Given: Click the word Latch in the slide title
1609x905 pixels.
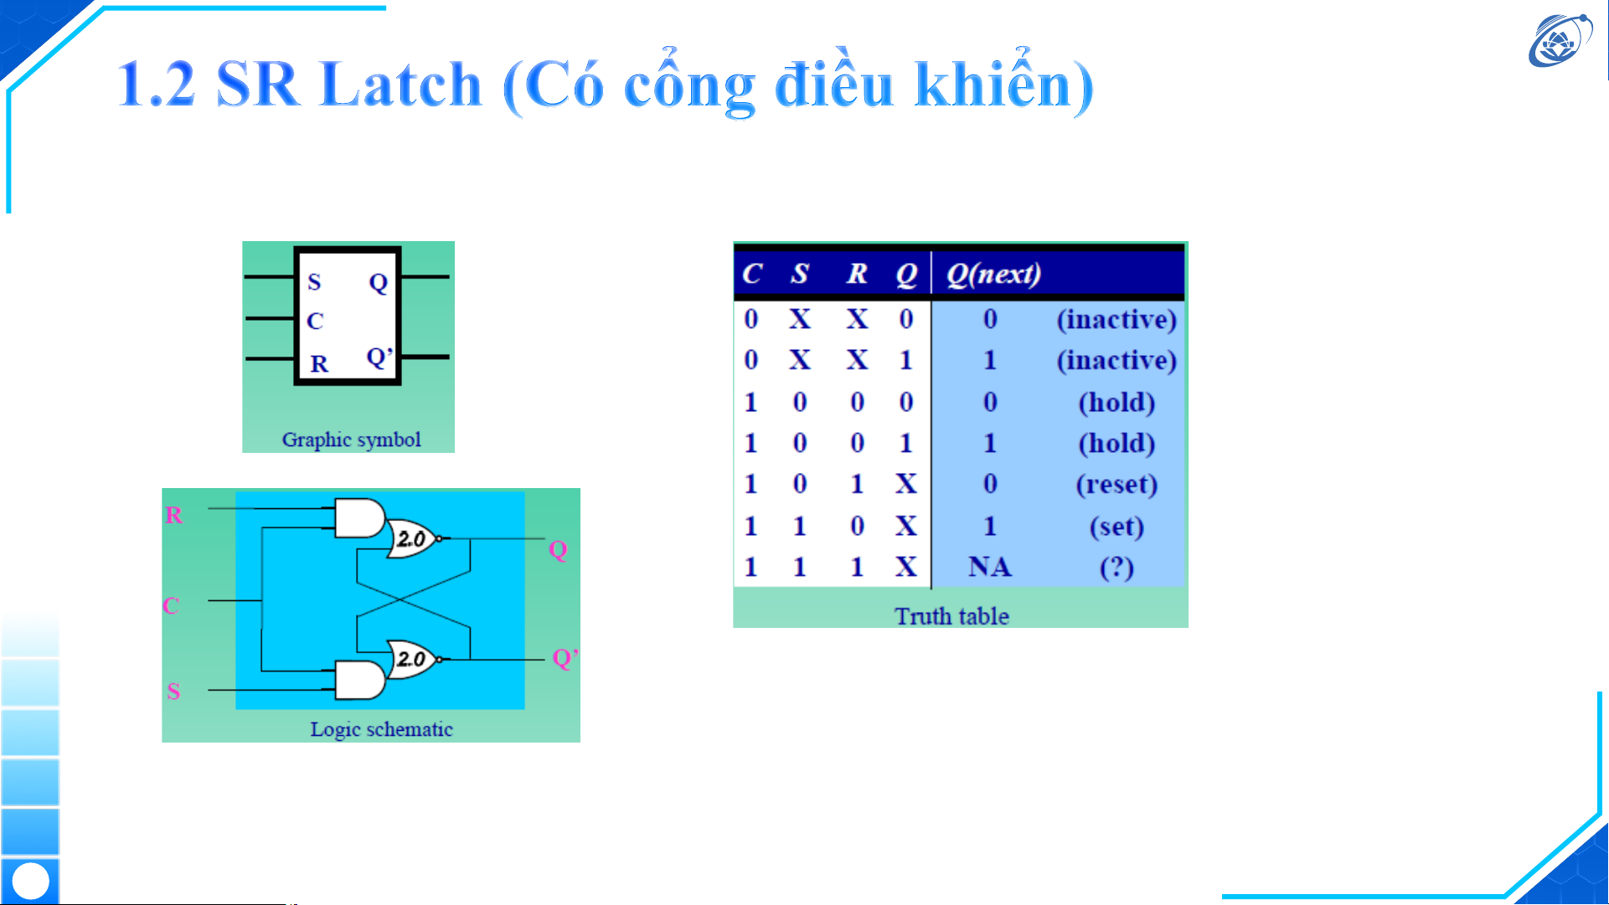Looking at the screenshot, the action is (x=400, y=84).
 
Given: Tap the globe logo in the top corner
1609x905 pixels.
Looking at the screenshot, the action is (x=1560, y=39).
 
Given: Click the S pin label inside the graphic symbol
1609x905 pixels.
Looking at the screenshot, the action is (x=314, y=282).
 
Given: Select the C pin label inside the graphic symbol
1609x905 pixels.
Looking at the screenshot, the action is (x=315, y=321).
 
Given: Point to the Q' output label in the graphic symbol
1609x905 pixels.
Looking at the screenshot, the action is (x=379, y=357).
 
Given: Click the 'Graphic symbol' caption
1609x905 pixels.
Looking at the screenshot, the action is (x=351, y=440).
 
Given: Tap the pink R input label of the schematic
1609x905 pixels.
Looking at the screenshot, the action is (x=173, y=515).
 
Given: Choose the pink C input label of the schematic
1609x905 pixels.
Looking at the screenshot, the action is (x=171, y=605).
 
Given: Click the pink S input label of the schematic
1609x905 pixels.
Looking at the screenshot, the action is (x=173, y=692).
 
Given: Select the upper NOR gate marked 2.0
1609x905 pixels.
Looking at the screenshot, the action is (x=413, y=538).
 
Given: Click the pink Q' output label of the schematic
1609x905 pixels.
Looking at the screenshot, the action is (x=565, y=658).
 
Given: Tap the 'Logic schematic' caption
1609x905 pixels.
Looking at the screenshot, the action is (x=381, y=729).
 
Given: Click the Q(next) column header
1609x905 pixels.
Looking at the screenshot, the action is (x=993, y=274).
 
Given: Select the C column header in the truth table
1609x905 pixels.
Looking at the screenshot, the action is (x=751, y=274).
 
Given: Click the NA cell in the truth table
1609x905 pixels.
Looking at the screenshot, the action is (x=989, y=568).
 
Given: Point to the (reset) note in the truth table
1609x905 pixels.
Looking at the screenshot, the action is (x=1117, y=485).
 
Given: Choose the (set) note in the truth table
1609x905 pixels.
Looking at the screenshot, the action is (x=1117, y=527).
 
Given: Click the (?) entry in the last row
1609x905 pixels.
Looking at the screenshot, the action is (x=1117, y=568).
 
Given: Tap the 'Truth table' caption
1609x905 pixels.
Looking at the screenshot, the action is (x=951, y=616).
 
